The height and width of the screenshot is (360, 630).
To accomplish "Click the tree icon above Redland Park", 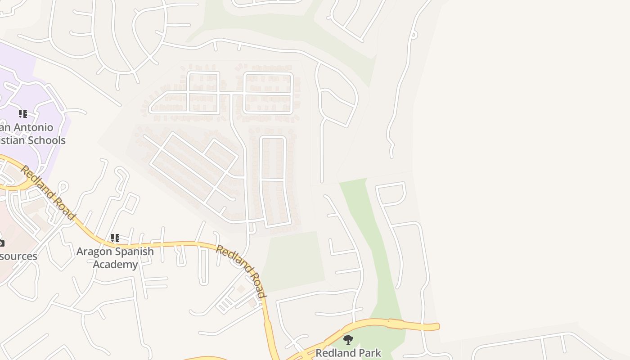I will pos(348,339).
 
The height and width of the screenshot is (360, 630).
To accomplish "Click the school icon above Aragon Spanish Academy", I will pos(115,238).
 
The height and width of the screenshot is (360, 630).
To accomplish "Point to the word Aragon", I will pos(93,252).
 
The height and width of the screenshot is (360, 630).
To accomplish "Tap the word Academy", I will pos(115,264).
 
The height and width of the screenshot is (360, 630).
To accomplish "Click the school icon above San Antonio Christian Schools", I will pos(22,114).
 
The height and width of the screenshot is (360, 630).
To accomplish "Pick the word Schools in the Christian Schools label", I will pos(47,140).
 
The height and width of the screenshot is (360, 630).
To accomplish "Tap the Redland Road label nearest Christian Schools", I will pos(47,193).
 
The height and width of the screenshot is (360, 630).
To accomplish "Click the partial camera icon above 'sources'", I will pos(1,243).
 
